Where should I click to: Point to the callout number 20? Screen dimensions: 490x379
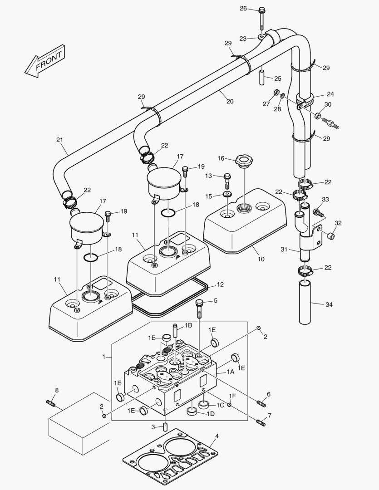[230, 102]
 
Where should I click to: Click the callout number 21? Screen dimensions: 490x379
[59, 140]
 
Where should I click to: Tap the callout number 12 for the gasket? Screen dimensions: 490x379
[220, 284]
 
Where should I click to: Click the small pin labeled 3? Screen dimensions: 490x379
[165, 427]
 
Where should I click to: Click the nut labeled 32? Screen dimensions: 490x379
[332, 235]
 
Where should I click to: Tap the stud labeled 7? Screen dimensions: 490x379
[261, 422]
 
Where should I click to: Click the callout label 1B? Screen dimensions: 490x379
[188, 326]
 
